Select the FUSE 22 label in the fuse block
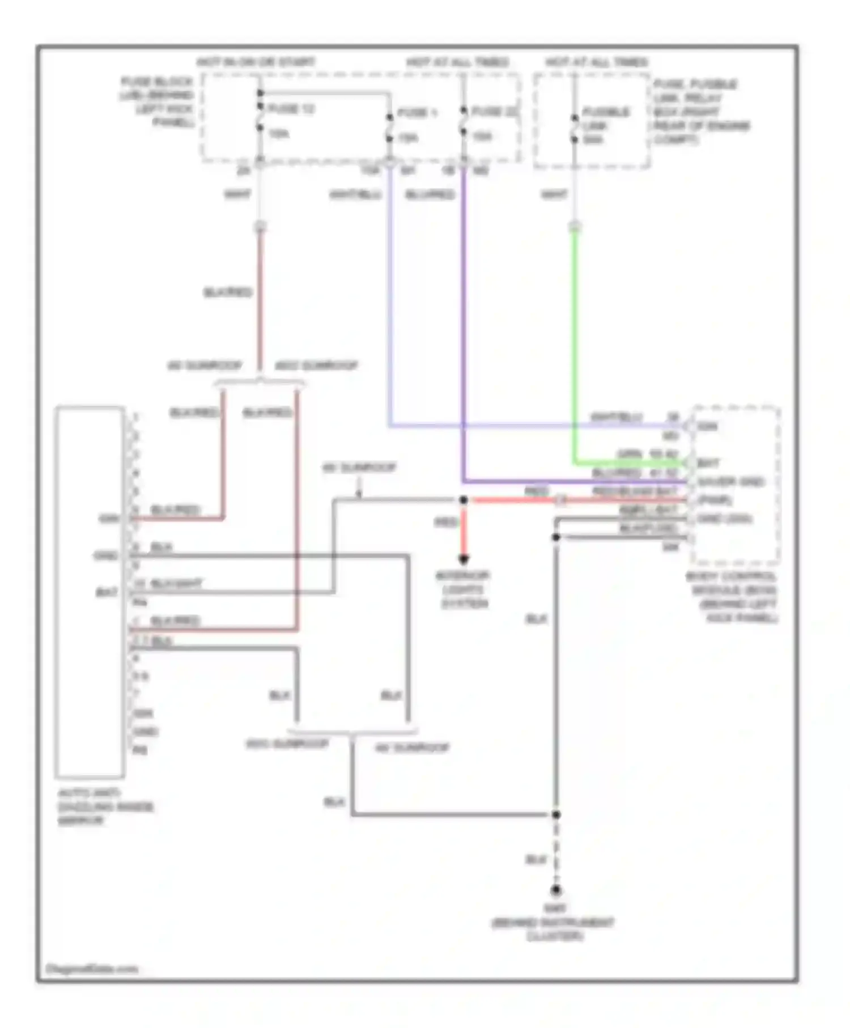tap(494, 111)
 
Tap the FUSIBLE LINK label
tap(605, 119)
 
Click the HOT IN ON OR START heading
tap(256, 62)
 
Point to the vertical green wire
tap(575, 340)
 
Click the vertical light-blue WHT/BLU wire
tap(390, 295)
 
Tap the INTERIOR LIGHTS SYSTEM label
tap(463, 589)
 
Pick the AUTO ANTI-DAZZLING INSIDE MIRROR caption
tap(105, 806)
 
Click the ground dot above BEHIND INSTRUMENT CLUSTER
tap(556, 891)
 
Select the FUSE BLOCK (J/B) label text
tap(158, 101)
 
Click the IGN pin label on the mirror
tap(109, 518)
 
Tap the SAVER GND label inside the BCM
tap(730, 482)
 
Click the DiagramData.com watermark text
tap(92, 968)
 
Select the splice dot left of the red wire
tap(463, 500)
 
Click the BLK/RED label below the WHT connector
tap(227, 292)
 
